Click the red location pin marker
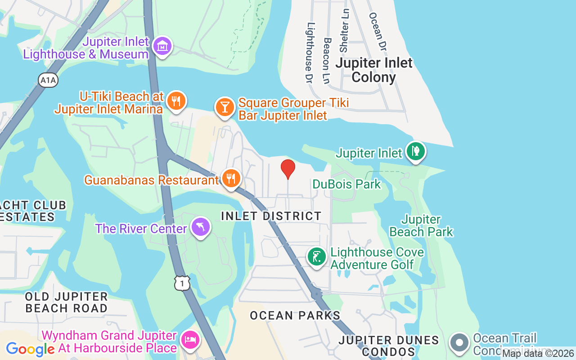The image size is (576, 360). point(288,169)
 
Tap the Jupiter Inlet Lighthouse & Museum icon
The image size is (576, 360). point(162,46)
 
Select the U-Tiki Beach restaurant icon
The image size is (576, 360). point(176,101)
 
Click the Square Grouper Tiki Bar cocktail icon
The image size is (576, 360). point(225,107)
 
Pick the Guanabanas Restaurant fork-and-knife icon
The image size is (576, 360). point(231,179)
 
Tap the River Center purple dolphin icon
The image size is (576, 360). point(201,227)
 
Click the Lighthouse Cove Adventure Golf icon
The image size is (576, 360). point(316,257)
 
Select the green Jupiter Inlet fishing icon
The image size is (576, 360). point(416,151)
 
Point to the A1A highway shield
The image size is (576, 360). point(48,81)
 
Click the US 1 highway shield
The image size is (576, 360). point(182,283)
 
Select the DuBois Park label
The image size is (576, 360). point(346,184)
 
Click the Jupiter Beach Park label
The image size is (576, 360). point(421,225)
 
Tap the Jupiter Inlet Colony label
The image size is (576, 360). point(373,70)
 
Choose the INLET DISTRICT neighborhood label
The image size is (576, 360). point(271,216)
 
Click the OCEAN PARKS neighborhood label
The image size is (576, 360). point(295,315)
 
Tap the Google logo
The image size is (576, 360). point(30,349)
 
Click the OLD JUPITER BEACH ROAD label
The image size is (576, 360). point(66,302)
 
